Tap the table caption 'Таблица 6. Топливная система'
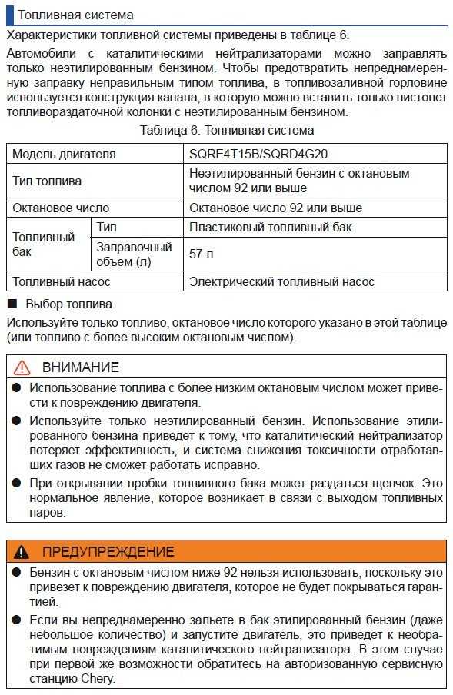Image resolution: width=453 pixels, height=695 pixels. point(227,131)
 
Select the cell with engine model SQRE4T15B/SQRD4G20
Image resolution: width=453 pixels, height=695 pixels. point(253,154)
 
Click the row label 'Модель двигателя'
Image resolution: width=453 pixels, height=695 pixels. point(64,154)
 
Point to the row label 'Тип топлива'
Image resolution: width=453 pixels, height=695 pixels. point(47,181)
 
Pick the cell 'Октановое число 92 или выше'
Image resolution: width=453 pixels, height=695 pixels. point(275,208)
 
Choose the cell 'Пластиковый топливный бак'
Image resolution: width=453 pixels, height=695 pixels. point(271,228)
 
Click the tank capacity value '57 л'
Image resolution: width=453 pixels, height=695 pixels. point(202,254)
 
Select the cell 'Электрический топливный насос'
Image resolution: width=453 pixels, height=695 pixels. point(281,281)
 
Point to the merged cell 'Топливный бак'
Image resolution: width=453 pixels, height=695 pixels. point(44,244)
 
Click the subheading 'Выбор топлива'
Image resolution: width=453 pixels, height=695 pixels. point(68,304)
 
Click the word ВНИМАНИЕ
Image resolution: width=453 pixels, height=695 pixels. point(80,367)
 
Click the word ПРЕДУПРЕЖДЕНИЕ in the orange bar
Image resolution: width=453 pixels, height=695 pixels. point(108,551)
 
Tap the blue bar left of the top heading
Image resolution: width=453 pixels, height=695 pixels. point(9,15)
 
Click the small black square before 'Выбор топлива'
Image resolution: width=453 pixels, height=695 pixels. point(12,304)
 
